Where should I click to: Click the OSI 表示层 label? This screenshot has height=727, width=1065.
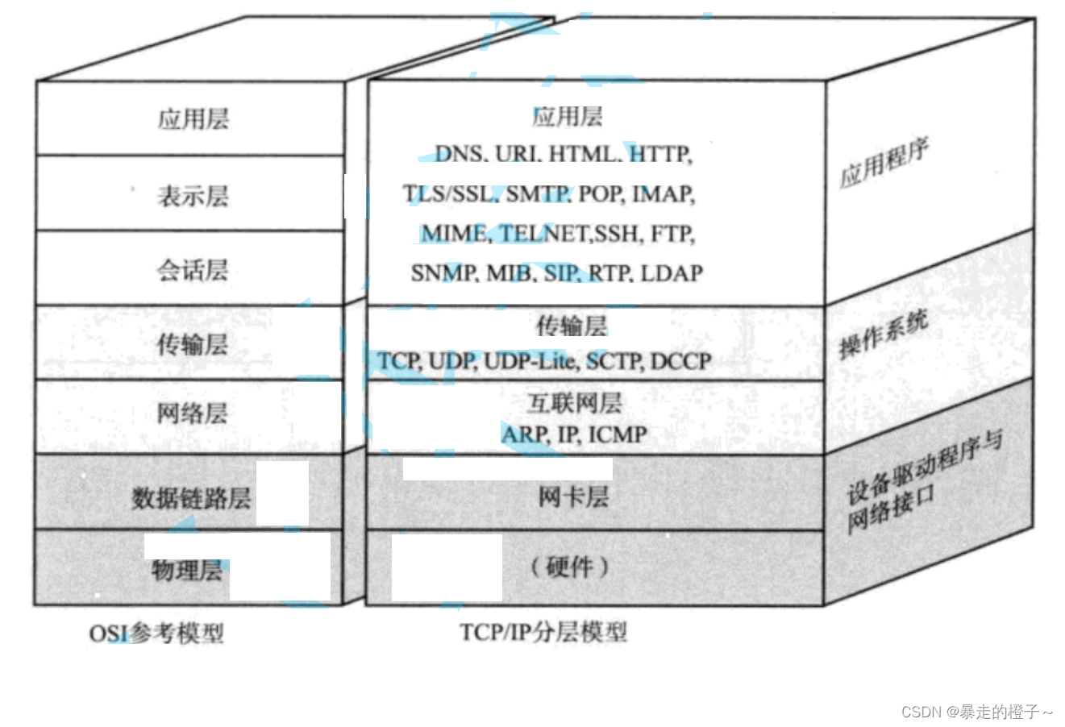click(193, 196)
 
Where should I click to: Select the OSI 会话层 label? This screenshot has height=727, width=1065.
click(193, 269)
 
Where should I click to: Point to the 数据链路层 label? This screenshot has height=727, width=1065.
click(191, 498)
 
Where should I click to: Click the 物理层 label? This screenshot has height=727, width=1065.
click(187, 571)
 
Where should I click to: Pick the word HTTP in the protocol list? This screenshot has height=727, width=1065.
click(660, 153)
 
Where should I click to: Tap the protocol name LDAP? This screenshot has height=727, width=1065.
click(672, 273)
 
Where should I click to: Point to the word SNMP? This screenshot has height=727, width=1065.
click(443, 273)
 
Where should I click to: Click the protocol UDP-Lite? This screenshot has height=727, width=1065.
click(530, 361)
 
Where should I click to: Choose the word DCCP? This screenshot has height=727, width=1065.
click(681, 361)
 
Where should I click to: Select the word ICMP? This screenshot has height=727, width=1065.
click(618, 434)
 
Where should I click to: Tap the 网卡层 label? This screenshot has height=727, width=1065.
click(573, 496)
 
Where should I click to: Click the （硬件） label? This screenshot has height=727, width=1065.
click(570, 567)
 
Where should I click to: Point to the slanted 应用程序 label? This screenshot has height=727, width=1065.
click(884, 163)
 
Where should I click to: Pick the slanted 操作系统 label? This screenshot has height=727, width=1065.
click(884, 334)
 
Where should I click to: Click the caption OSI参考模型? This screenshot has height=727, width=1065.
click(156, 634)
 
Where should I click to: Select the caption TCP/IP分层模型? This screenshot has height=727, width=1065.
click(543, 631)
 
